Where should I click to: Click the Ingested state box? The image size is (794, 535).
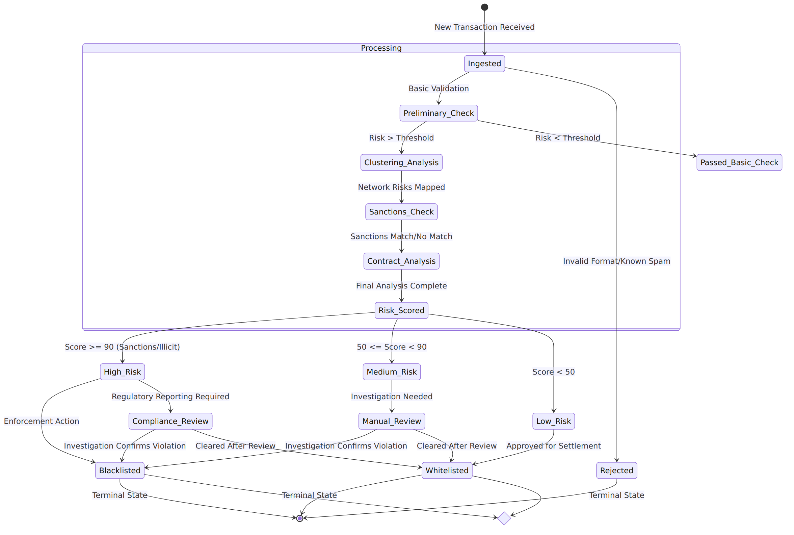484,64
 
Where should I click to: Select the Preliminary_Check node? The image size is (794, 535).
439,113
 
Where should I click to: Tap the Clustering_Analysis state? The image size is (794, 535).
401,162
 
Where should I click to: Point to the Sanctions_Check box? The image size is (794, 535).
401,212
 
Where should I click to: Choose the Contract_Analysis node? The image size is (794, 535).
401,261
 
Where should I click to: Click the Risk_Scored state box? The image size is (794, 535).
401,310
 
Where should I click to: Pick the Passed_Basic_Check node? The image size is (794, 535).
739,162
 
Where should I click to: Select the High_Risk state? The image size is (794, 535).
123,372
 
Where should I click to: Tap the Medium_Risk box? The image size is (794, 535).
392,372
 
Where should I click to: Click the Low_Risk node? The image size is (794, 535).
554,421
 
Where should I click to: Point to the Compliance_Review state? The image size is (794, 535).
170,421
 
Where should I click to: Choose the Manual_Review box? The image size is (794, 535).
392,421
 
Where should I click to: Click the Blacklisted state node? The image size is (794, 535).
120,470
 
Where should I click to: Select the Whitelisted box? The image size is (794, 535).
447,470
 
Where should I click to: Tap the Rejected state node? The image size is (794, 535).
617,470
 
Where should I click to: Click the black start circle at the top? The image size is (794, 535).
484,7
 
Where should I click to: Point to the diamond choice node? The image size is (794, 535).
504,518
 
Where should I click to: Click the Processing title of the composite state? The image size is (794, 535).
381,48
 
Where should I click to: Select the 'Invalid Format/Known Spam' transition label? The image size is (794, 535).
617,261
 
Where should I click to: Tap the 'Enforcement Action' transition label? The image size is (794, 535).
42,421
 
